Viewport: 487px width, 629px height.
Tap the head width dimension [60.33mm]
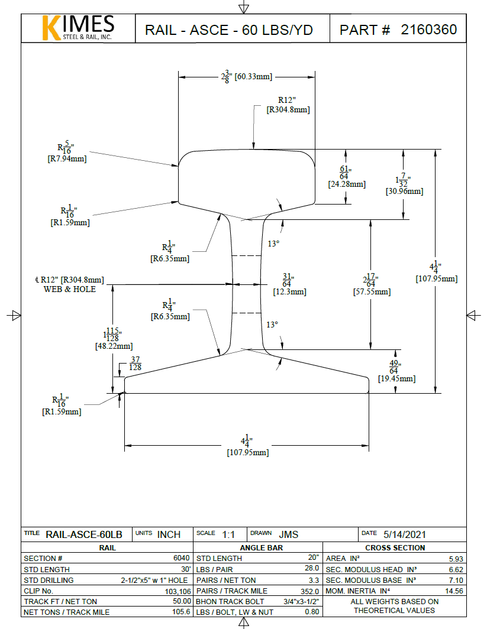253,77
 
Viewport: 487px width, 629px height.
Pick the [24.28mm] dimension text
346,184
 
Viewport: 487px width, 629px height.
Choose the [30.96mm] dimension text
404,191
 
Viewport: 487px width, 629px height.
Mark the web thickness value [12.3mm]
289,291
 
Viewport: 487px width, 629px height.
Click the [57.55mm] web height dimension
372,291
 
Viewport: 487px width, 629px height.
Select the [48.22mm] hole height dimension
114,346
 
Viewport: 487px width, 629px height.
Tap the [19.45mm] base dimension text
396,378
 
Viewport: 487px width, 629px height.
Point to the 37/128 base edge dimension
136,364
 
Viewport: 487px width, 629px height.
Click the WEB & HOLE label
69,289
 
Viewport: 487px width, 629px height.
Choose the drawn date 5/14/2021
405,534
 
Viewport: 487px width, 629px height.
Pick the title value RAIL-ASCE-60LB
83,534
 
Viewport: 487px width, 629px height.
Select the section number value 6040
181,558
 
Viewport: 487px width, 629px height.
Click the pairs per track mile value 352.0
310,591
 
